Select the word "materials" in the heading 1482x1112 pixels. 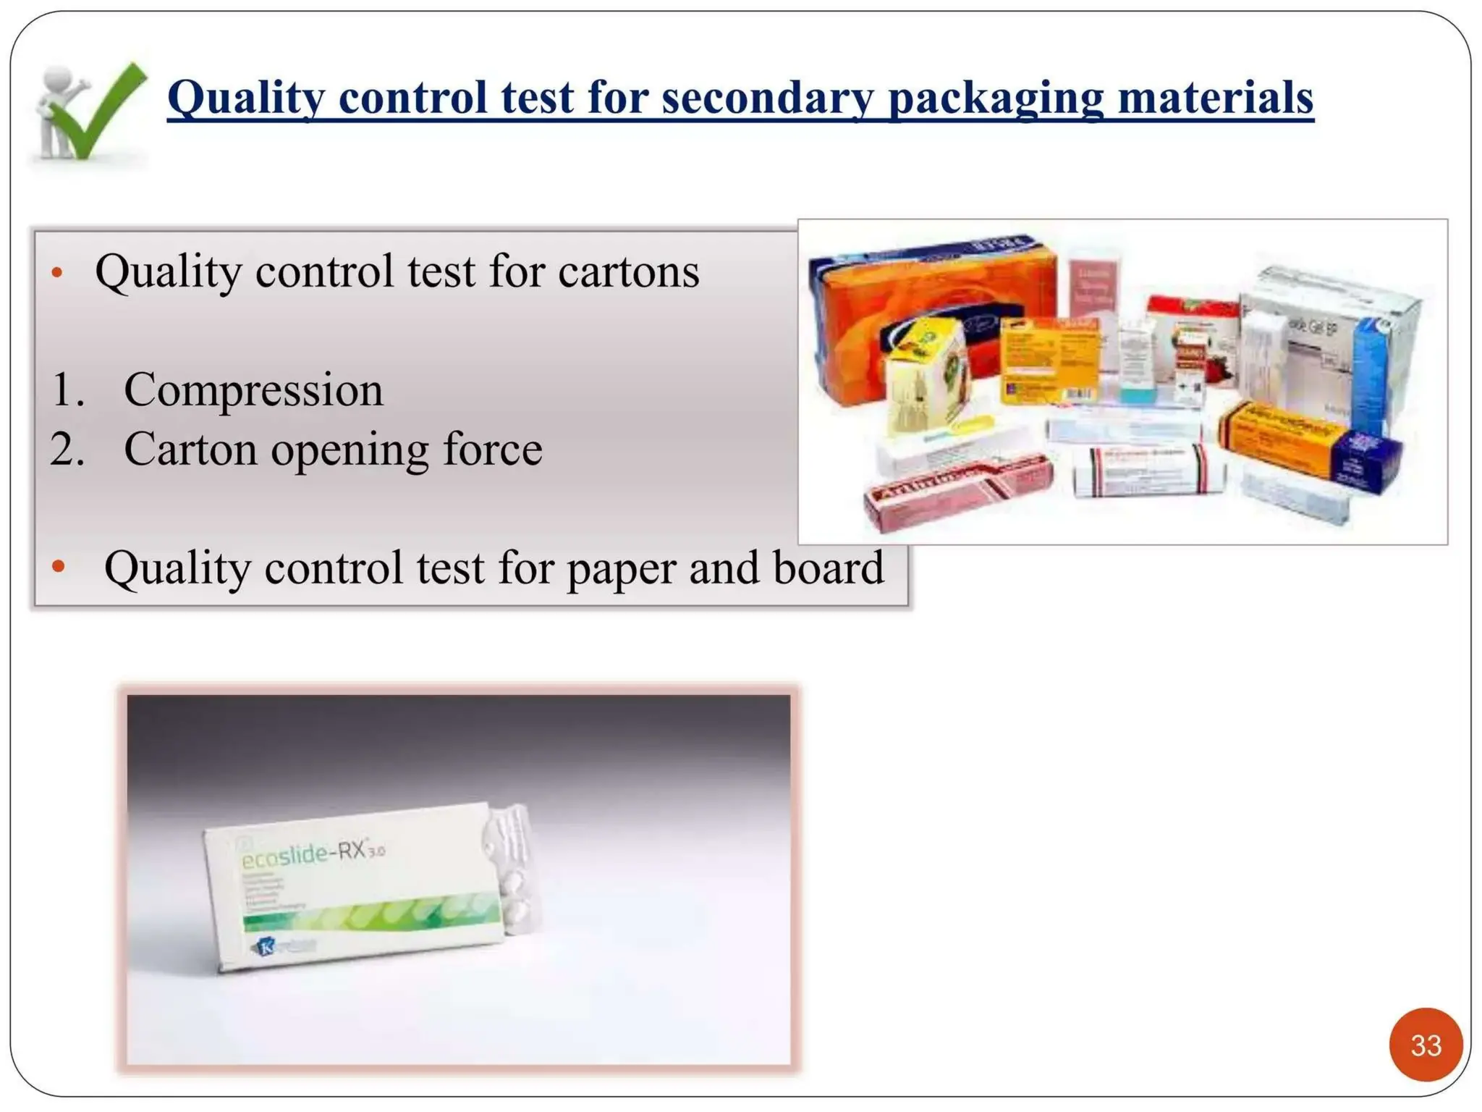click(1216, 98)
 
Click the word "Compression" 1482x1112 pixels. click(253, 389)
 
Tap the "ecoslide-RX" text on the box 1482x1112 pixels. click(311, 854)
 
